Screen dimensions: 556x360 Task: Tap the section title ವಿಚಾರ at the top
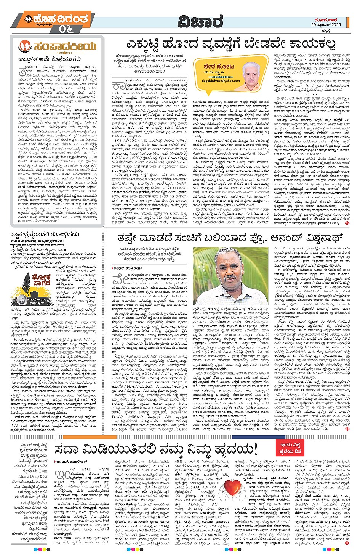(200, 22)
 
